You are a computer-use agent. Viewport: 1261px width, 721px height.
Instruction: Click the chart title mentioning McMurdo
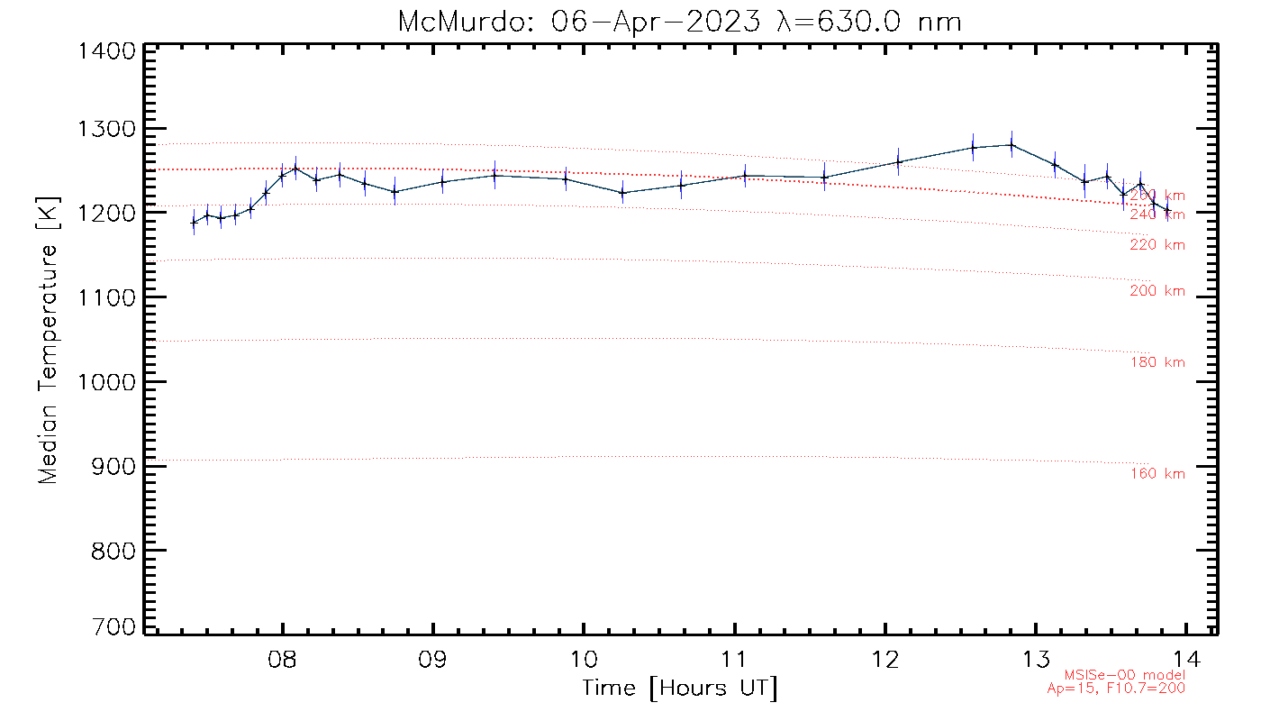tap(680, 21)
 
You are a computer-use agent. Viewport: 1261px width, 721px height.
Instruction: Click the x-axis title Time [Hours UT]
tap(680, 689)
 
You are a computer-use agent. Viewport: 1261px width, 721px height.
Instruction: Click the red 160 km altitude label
tap(1157, 474)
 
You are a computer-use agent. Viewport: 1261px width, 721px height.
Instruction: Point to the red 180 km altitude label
tap(1157, 362)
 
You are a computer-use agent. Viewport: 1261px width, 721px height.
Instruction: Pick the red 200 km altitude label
tap(1157, 291)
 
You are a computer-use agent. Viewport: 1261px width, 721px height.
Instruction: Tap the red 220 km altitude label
tap(1157, 245)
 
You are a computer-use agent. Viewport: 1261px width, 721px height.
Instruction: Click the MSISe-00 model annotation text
tap(1125, 675)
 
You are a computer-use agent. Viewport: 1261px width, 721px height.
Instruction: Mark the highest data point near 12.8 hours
tap(1012, 144)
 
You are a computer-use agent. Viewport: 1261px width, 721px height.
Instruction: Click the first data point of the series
tap(193, 222)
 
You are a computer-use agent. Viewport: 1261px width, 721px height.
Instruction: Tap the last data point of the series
tap(1167, 211)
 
